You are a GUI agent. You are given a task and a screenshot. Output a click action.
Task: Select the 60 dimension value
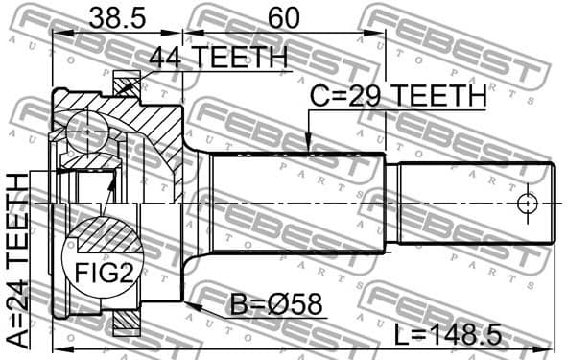[283, 16]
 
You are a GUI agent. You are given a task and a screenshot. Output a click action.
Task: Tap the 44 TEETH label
[218, 59]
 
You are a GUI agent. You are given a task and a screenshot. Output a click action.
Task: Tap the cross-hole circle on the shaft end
[526, 204]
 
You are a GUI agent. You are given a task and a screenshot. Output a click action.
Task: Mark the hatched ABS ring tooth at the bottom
[126, 323]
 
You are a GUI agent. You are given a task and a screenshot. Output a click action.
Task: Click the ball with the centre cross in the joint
[86, 129]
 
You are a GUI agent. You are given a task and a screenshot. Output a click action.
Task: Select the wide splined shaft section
[297, 204]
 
